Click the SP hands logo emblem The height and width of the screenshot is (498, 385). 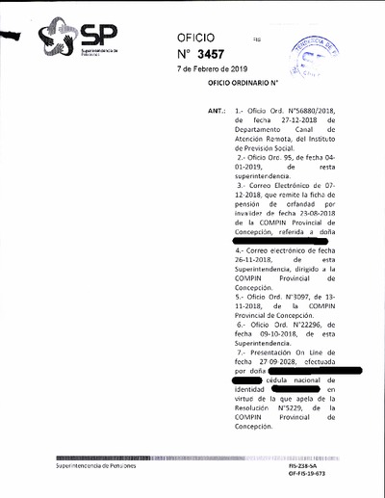(59, 38)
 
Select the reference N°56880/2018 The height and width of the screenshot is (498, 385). (295, 113)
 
